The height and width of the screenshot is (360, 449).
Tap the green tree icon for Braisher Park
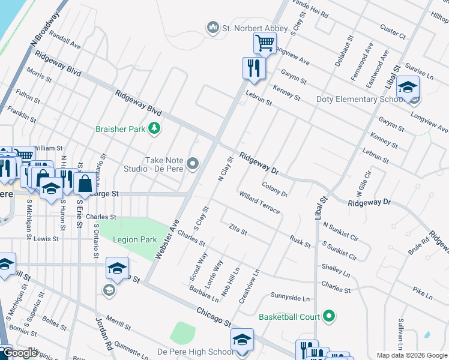pos(155,128)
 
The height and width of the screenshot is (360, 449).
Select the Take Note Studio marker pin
pos(193,163)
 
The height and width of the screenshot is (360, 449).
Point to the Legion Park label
pos(135,239)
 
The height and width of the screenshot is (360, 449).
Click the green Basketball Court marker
pos(328,316)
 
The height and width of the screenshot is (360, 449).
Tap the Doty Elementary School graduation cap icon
pos(408,87)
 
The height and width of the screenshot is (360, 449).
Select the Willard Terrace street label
pos(259,203)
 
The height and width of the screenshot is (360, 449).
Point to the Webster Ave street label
pos(167,238)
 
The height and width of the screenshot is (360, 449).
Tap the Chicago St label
pos(214,316)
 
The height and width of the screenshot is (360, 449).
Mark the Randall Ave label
pos(65,41)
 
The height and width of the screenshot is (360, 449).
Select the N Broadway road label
pos(40,29)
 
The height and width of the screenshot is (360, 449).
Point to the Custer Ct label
pos(394,28)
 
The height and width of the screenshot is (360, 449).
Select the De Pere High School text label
pos(196,352)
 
